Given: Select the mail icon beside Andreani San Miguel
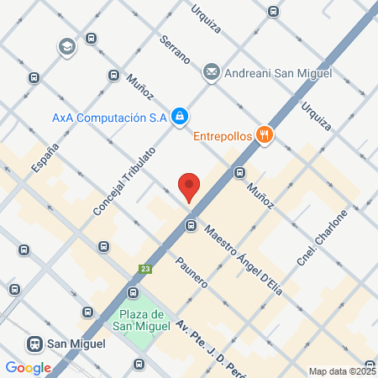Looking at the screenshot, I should tap(212, 72).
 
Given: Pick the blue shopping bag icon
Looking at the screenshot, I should tap(179, 117).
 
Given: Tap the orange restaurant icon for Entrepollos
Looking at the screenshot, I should tap(264, 134).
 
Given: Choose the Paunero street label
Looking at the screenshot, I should tap(192, 271).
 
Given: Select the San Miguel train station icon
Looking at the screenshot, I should tap(34, 344).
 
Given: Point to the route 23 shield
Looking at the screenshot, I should tap(145, 270).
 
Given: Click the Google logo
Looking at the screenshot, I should tap(28, 367).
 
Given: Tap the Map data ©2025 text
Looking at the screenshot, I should tap(342, 370).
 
